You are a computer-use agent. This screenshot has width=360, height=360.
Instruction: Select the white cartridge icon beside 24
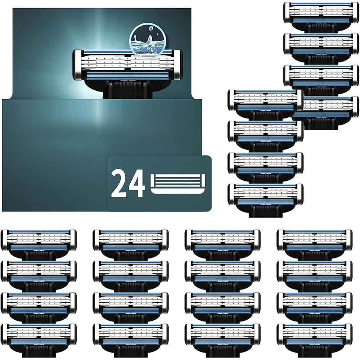178,184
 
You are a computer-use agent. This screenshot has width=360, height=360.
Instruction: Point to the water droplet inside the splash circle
151,28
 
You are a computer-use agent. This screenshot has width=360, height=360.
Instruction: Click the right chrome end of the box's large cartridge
178,65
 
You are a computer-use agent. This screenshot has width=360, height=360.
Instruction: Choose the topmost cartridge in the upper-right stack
321,16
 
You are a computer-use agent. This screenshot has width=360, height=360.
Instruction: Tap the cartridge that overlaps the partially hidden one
266,104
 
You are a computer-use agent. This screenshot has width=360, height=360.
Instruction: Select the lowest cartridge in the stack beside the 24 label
266,200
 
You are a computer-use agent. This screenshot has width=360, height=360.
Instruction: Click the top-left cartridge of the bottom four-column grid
39,244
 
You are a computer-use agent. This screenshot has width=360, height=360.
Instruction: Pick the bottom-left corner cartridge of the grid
39,341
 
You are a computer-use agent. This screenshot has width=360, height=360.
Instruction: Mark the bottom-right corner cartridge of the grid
315,341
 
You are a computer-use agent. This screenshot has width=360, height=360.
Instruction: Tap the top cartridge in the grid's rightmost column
315,244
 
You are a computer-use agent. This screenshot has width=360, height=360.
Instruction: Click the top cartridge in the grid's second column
131,244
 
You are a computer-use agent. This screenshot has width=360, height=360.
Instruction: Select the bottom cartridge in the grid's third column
222,341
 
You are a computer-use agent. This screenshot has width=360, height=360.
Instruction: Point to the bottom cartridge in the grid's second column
131,341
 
